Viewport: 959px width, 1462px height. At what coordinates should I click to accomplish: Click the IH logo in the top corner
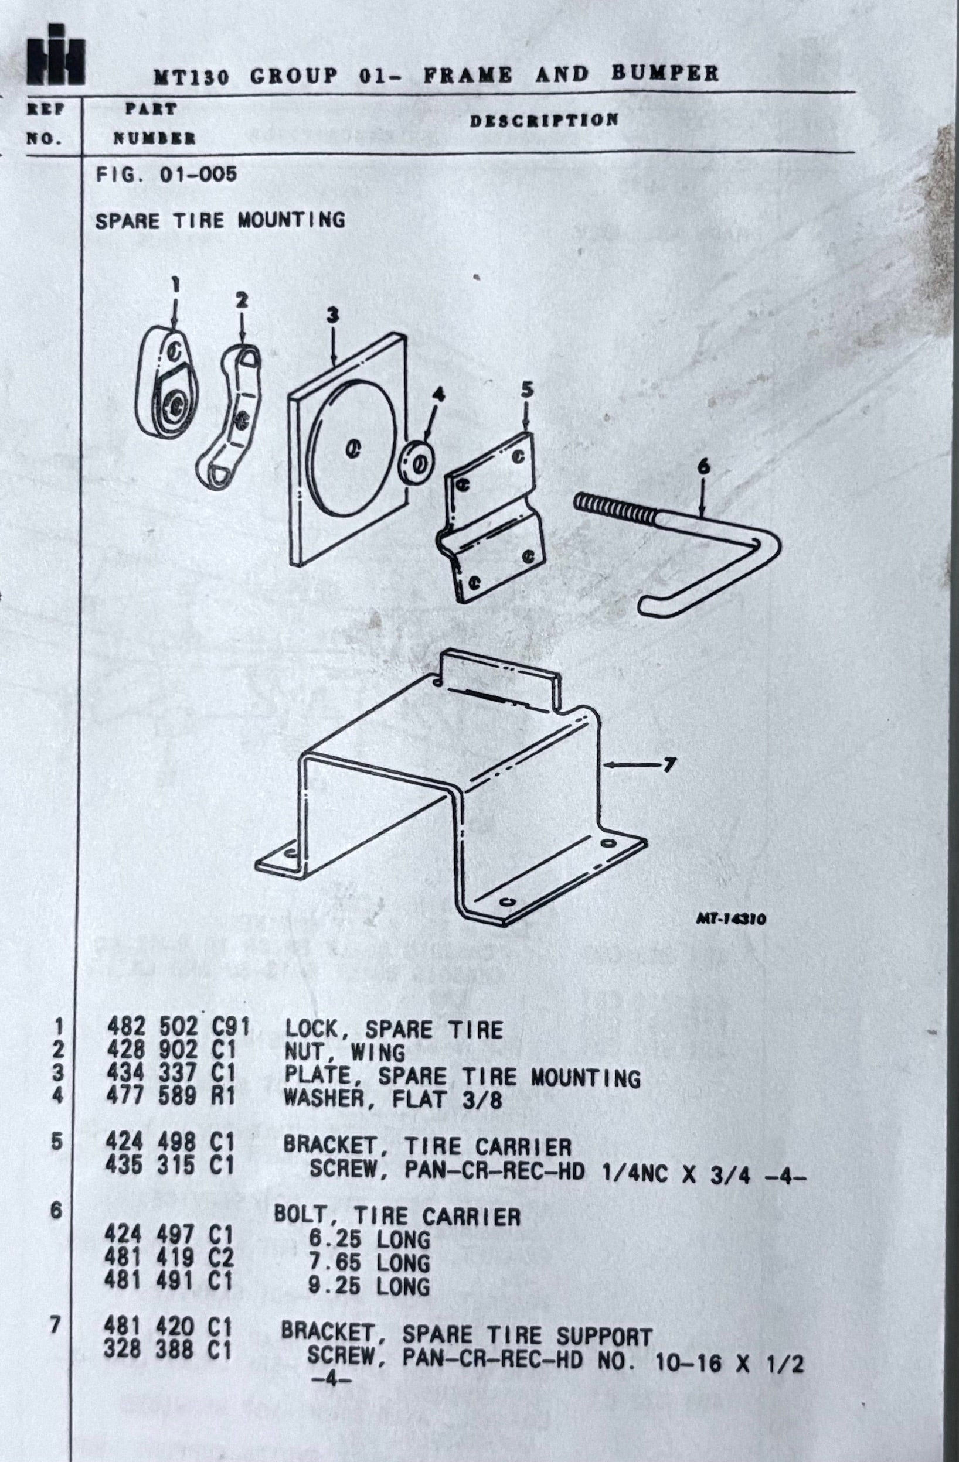click(55, 55)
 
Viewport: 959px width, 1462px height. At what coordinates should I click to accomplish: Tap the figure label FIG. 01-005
click(166, 175)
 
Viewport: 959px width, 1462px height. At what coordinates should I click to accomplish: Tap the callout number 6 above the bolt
click(704, 467)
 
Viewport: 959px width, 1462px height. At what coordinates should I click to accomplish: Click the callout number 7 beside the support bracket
click(669, 765)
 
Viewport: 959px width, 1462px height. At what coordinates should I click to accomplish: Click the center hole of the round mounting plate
click(353, 449)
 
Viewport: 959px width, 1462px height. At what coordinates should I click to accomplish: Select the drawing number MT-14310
click(731, 920)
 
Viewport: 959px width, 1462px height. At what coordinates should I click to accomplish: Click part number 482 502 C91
click(178, 1027)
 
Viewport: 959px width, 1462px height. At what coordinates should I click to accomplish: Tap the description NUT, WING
click(345, 1052)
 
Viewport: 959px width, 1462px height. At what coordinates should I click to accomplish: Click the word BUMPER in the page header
click(665, 74)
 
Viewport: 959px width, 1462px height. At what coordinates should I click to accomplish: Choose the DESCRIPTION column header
click(545, 120)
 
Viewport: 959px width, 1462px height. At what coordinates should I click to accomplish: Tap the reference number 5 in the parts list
click(56, 1142)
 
